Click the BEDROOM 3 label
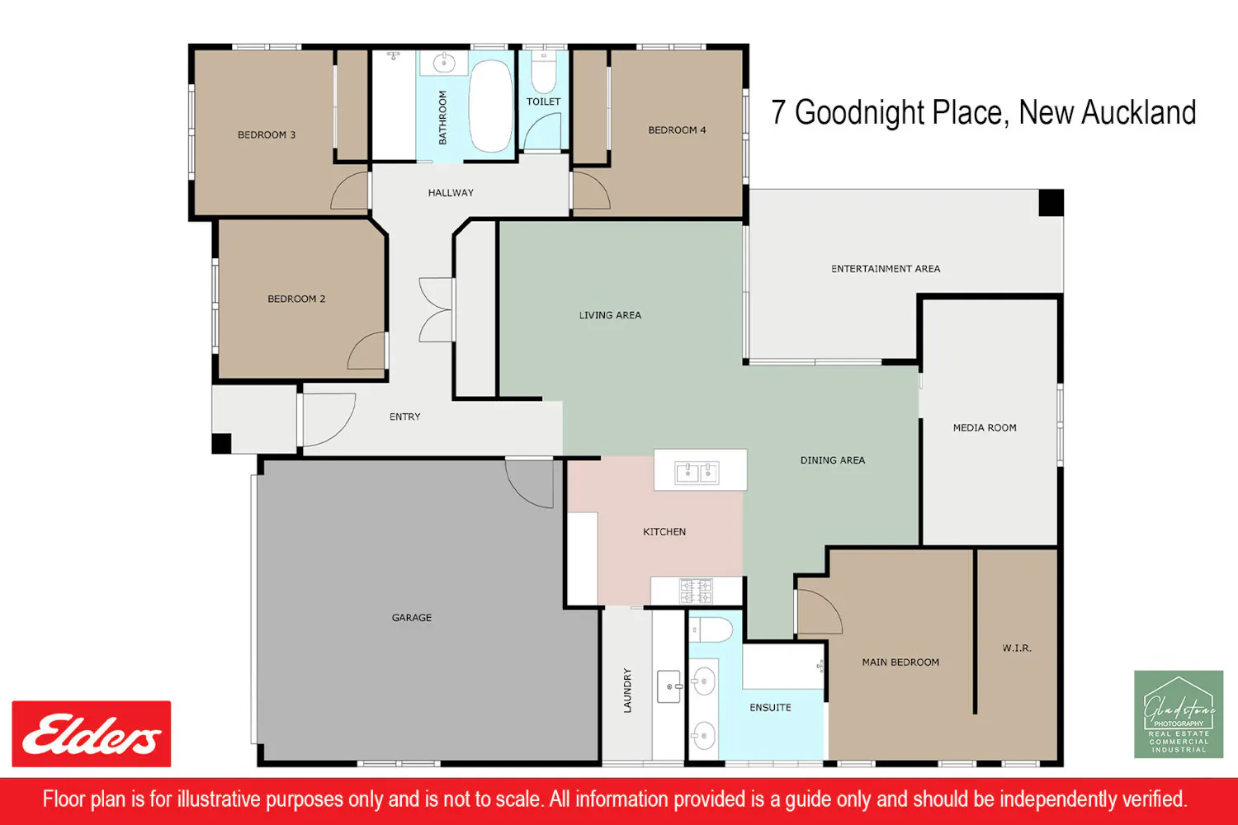coord(267,134)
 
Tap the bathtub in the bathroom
coord(490,106)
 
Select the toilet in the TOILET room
coord(544,73)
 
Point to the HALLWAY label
coord(451,193)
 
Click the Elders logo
coord(91,733)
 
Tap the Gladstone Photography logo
coord(1179,714)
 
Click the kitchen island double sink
coord(697,473)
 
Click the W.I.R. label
coord(1017,648)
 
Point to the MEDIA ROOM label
coord(985,427)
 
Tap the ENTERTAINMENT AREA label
coord(886,269)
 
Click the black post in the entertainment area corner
coord(1051,203)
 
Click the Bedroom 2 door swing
coord(366,351)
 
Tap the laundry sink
coord(669,686)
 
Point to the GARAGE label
coord(412,618)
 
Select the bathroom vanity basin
coord(443,63)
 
